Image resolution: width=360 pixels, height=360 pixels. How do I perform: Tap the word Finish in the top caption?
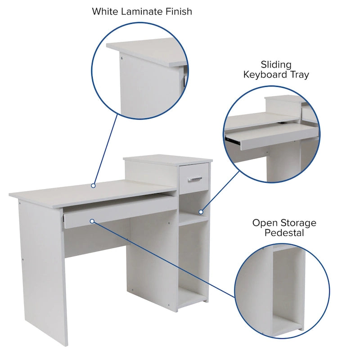click(x=177, y=11)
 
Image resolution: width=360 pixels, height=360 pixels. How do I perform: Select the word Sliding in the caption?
click(x=276, y=65)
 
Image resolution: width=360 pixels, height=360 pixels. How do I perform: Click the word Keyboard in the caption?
click(x=267, y=75)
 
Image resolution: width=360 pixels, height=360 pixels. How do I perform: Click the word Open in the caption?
click(x=265, y=223)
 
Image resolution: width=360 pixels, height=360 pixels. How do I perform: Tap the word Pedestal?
click(x=284, y=233)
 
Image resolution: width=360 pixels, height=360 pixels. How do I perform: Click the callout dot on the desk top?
click(x=93, y=185)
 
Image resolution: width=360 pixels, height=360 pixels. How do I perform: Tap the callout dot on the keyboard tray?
click(x=92, y=221)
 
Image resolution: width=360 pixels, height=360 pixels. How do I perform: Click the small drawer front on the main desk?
click(x=194, y=174)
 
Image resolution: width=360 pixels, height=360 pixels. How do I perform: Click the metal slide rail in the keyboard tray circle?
click(x=234, y=140)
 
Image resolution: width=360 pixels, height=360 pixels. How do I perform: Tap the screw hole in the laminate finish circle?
click(x=121, y=58)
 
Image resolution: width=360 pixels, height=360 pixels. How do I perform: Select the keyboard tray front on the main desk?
click(x=119, y=211)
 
